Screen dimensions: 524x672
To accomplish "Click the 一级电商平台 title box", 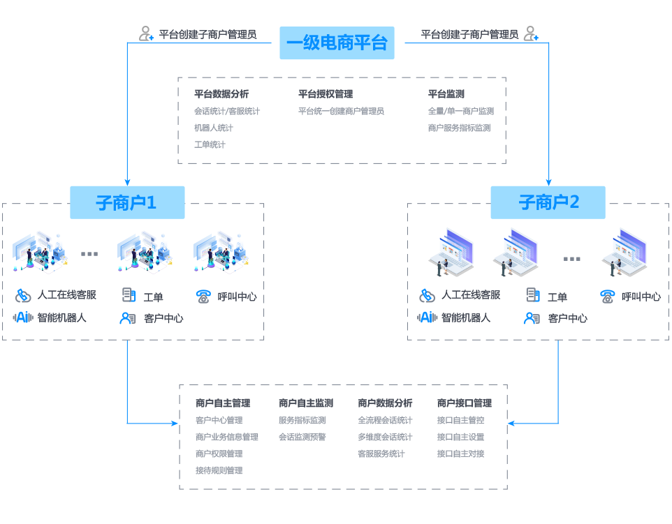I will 337,43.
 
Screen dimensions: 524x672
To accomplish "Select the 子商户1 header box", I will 127,202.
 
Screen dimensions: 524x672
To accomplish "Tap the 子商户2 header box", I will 548,202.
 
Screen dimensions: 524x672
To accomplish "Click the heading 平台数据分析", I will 221,94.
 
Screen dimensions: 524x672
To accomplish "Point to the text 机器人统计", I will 213,128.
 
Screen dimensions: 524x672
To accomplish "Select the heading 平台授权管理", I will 325,94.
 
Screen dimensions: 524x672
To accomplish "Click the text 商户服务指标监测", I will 459,128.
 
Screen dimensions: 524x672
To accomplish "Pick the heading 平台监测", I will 446,94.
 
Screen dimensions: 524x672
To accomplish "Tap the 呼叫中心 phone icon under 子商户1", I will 203,296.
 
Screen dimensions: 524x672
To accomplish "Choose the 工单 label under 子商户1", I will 153,297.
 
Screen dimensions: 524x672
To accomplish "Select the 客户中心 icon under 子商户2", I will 532,318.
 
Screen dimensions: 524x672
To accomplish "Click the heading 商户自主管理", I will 222,403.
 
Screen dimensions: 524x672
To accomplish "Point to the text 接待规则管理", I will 219,471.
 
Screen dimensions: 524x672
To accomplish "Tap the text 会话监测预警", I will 302,437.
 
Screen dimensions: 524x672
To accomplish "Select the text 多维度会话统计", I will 385,437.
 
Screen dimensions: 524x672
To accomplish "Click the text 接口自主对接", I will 460,454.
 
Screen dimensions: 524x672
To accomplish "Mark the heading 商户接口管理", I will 464,403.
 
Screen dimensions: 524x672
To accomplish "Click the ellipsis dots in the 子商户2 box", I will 571,259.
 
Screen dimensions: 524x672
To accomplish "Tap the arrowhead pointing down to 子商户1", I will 127,181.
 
